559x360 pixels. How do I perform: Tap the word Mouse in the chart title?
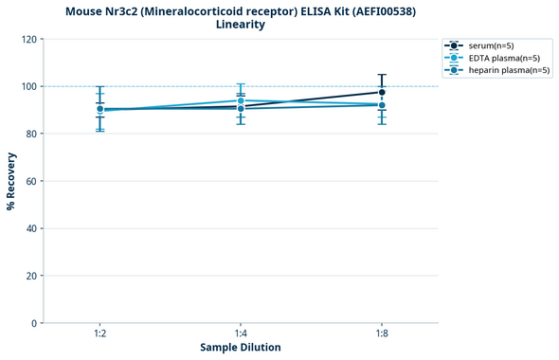coord(87,10)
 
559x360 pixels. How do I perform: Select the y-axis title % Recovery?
coord(11,181)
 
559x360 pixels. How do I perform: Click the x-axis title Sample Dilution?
coord(241,348)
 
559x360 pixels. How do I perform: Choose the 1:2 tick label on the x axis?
coord(99,334)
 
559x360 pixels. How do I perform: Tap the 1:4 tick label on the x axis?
coord(241,334)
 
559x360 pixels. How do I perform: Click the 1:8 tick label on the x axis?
coord(382,334)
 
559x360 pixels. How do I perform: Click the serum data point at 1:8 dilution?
coord(382,92)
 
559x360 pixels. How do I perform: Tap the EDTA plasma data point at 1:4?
coord(241,100)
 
